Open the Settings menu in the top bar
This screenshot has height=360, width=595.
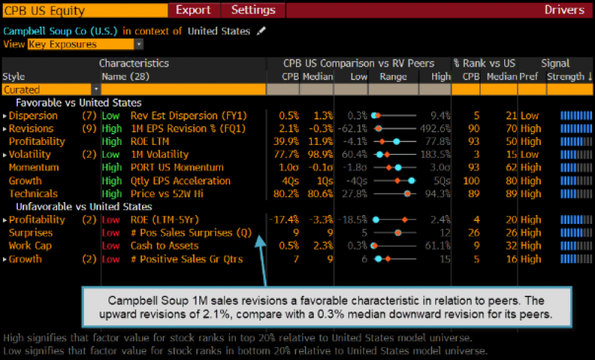tap(253, 10)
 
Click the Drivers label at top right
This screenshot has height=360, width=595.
tap(565, 10)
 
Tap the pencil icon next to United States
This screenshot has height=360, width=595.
tap(260, 31)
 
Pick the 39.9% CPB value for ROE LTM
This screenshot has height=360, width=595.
tap(284, 141)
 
